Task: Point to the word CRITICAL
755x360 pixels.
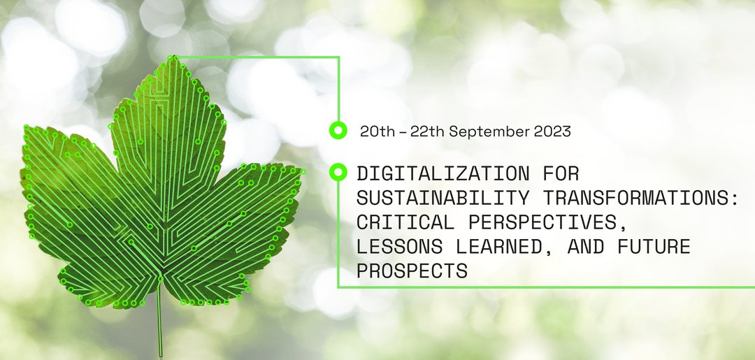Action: [x=405, y=222]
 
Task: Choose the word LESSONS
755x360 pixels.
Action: [x=399, y=247]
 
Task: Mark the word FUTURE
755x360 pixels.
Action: [x=654, y=247]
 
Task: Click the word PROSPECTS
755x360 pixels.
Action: [x=412, y=271]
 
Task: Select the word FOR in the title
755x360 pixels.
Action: [x=561, y=173]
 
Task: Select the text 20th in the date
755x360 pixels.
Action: [x=377, y=131]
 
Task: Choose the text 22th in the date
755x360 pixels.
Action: [x=427, y=131]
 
